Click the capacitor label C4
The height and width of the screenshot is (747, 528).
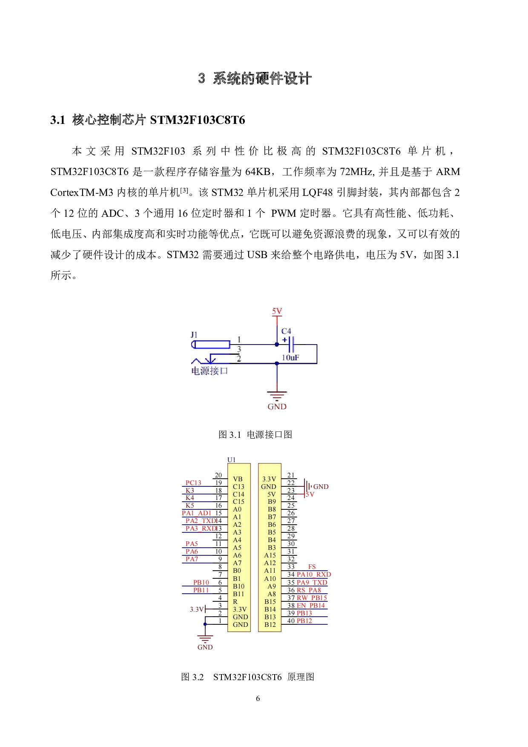point(286,331)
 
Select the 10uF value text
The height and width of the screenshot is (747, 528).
point(290,357)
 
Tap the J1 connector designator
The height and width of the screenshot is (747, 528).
point(194,335)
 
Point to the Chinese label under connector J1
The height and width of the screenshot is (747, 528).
point(209,371)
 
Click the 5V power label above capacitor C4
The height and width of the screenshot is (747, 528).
point(277,311)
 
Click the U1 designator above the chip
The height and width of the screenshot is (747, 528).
point(231,460)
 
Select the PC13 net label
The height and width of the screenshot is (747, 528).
point(193,483)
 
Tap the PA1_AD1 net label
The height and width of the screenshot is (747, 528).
point(196,513)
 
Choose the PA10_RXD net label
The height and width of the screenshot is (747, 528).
point(314,574)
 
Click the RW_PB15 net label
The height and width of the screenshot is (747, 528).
point(312,598)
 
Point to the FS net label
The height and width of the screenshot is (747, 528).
point(312,566)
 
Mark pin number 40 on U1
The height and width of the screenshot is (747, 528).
point(291,621)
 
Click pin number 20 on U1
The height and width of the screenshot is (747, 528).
point(218,475)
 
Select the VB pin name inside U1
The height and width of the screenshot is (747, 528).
point(238,479)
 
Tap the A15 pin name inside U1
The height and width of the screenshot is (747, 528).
point(270,555)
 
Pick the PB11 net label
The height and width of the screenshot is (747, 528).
point(201,590)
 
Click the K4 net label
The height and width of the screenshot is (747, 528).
point(189,497)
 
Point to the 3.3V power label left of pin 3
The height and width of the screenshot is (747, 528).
point(196,609)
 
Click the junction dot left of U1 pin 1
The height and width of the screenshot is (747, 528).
point(205,624)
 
